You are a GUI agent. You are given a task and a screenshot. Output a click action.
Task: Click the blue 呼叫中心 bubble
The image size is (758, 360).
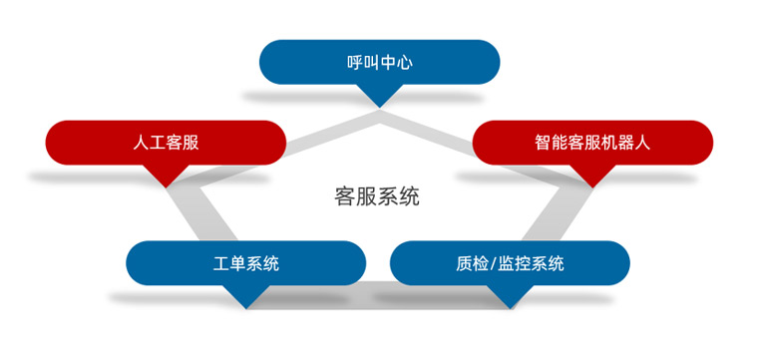click(379, 63)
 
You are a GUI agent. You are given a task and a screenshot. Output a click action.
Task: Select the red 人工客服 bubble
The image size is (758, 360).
click(166, 143)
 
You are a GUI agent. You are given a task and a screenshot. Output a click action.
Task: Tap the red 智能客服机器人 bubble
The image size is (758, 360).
click(592, 143)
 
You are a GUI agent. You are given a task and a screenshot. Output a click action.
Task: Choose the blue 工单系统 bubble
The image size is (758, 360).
click(246, 263)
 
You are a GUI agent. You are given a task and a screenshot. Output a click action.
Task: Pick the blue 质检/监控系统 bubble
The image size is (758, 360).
click(510, 263)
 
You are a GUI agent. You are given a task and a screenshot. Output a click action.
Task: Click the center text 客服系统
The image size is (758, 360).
click(377, 196)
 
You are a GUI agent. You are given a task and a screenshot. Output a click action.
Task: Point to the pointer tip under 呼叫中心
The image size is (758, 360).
click(379, 108)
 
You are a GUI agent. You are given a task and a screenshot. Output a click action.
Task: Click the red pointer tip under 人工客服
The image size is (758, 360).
click(166, 187)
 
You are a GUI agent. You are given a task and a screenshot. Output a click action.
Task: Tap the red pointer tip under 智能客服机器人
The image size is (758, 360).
click(592, 187)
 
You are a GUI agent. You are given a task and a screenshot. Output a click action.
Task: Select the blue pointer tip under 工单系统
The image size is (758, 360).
click(246, 308)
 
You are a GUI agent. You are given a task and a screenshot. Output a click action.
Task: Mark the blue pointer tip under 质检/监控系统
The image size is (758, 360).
click(510, 308)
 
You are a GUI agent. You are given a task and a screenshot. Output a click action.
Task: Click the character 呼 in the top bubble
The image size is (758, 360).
click(355, 63)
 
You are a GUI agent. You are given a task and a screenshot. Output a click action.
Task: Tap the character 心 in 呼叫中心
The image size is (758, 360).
click(404, 63)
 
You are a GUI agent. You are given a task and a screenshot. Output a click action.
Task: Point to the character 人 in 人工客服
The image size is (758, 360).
click(141, 143)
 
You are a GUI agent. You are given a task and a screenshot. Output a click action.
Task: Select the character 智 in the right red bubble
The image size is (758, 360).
click(544, 143)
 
